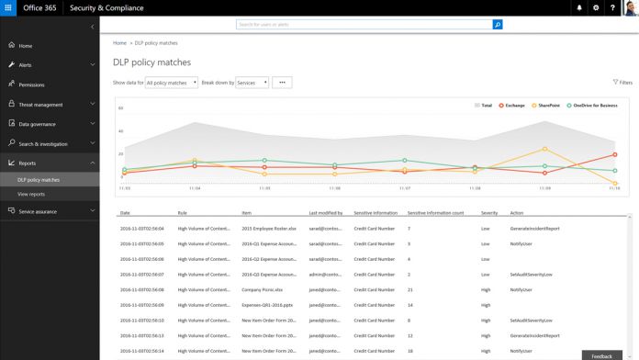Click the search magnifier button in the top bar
tap(498, 25)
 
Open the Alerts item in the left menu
tap(25, 65)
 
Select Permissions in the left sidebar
tap(31, 84)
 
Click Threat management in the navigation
tap(41, 105)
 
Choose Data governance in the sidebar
tap(39, 124)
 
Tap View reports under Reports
tap(31, 194)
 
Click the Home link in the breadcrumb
tap(119, 43)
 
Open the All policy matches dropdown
tap(173, 83)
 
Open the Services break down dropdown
tap(252, 83)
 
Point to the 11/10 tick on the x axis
tap(613, 187)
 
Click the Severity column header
tap(489, 213)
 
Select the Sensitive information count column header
tap(435, 213)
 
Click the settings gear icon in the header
tap(596, 7)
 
